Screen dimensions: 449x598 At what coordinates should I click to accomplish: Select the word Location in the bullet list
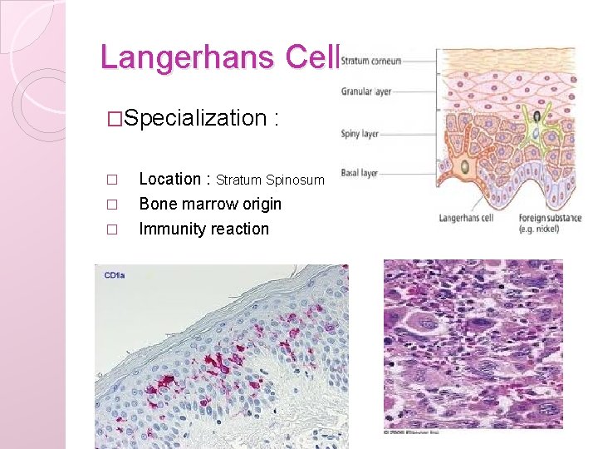[169, 179]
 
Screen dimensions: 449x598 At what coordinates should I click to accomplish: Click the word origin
[261, 204]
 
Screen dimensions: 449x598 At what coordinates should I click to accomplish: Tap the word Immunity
[170, 229]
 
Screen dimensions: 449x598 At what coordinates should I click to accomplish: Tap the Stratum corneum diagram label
[371, 61]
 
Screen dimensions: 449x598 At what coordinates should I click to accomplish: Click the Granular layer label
[365, 91]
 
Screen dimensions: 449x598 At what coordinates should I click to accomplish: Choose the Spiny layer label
[360, 133]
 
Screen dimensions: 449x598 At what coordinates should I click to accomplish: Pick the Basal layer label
[360, 173]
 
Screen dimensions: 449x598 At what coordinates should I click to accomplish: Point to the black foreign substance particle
[537, 116]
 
